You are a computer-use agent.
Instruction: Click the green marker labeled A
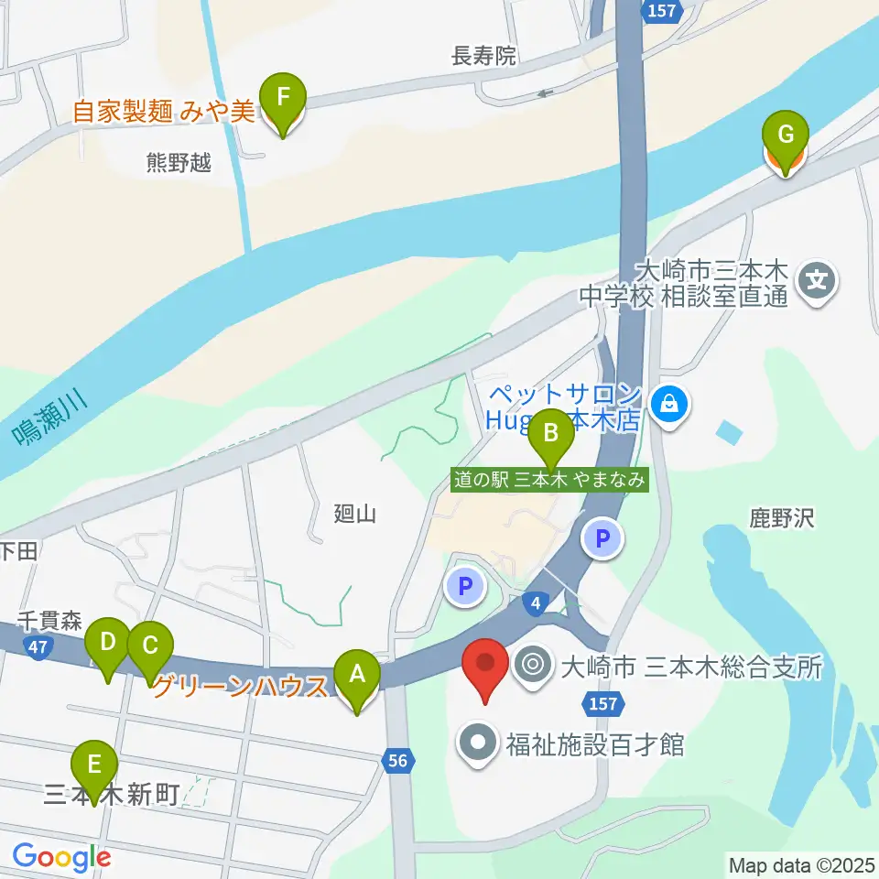357,678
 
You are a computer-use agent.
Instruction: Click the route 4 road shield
537,602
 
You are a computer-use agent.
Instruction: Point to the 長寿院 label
484,57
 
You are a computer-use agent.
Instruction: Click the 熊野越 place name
179,164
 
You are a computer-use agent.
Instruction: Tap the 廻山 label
355,514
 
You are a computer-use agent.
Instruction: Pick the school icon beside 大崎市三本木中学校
816,277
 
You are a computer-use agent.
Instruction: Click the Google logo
61,857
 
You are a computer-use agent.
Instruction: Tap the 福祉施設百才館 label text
595,743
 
